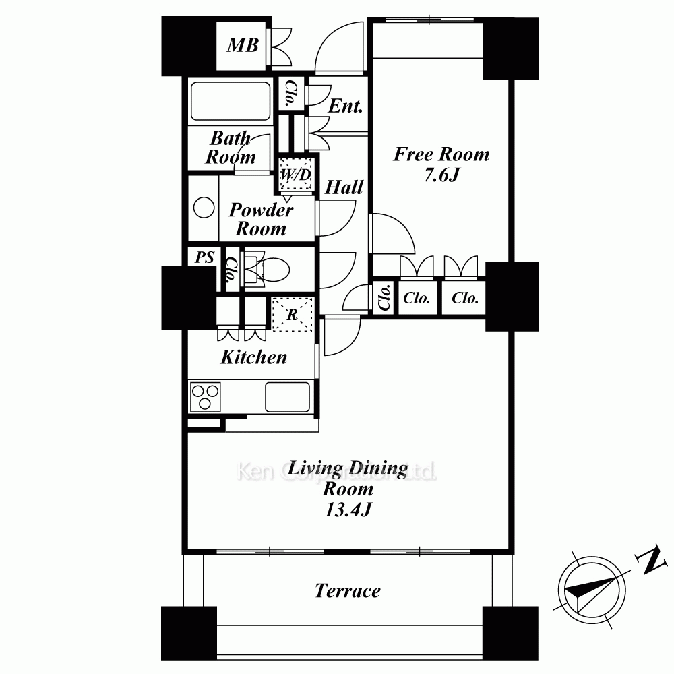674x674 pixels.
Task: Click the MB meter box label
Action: coord(243,45)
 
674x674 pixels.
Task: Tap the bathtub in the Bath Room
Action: coord(231,101)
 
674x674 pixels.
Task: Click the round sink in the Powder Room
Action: coord(204,208)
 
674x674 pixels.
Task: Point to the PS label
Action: coord(205,257)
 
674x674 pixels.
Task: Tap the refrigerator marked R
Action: coord(293,314)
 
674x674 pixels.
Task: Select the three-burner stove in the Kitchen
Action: coord(205,397)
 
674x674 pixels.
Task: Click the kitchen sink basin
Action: coord(287,397)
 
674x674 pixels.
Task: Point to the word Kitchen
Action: coord(253,357)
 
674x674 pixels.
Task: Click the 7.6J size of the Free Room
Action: coord(442,175)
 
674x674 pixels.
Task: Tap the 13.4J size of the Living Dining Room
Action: coord(348,510)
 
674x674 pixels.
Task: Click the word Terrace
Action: coord(348,591)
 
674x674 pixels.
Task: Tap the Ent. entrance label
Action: coord(345,106)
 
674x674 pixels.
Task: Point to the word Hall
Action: coord(344,187)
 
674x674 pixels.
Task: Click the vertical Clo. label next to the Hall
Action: coord(385,297)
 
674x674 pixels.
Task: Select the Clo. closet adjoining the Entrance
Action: coord(289,93)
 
